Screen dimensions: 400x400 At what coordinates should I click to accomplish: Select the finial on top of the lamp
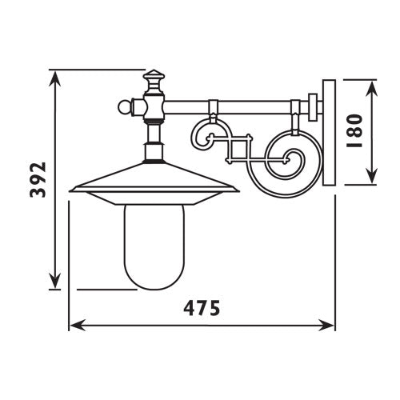153,82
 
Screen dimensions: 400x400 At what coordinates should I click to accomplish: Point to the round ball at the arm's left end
124,105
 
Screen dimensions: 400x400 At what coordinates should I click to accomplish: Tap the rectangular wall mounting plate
327,132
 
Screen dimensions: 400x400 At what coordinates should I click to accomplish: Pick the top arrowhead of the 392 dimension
54,77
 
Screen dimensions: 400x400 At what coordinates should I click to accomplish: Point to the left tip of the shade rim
71,190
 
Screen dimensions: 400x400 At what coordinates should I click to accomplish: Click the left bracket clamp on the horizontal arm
213,106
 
